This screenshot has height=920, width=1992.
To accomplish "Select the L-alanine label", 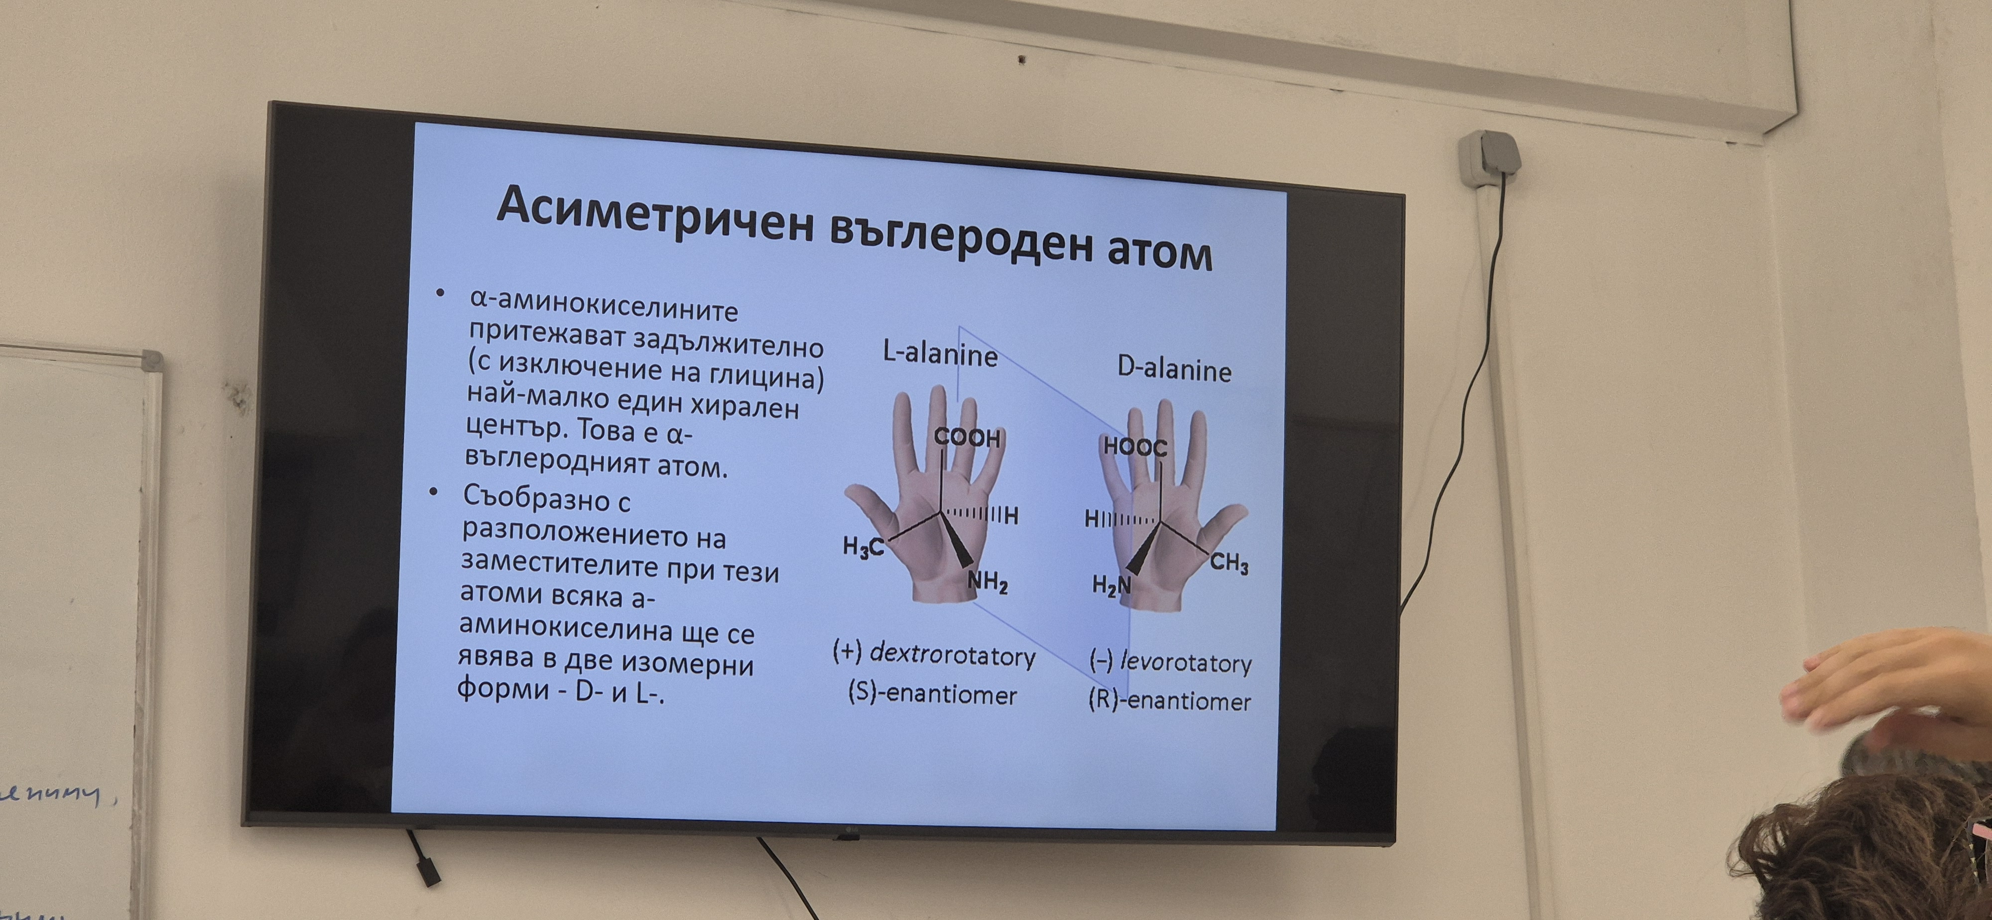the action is [x=940, y=354].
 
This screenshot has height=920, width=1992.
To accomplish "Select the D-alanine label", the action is [x=1174, y=369].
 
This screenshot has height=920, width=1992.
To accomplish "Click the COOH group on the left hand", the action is [x=967, y=438].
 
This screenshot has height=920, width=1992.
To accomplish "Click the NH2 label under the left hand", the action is [x=988, y=581].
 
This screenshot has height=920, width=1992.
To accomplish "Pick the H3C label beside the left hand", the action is [x=862, y=547].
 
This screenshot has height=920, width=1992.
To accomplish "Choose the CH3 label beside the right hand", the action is [x=1229, y=563].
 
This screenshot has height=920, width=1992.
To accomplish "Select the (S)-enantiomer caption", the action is [x=932, y=692].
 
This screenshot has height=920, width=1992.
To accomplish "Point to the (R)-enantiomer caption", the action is [x=1169, y=700].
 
